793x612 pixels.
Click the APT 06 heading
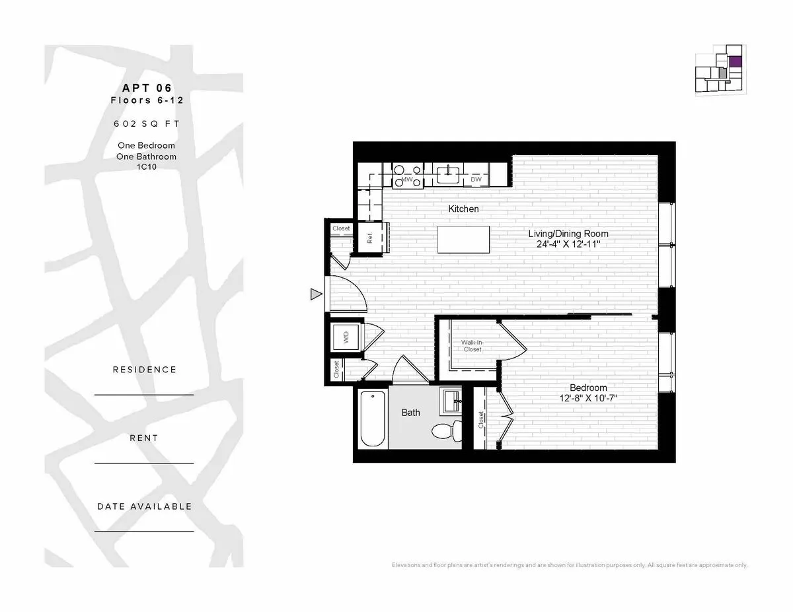coord(147,88)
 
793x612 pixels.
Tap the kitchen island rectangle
coord(463,239)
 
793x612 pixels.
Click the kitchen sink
coord(448,175)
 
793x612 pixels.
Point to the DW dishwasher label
coord(476,180)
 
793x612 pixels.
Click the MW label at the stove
coord(408,180)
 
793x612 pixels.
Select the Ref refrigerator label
coord(370,238)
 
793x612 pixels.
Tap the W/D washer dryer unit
coord(346,339)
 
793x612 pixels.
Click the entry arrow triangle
coord(316,294)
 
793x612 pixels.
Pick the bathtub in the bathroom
coord(373,419)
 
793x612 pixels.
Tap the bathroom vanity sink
coord(451,400)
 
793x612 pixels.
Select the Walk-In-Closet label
coord(472,345)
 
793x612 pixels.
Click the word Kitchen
coord(463,209)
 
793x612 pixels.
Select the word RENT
coord(144,438)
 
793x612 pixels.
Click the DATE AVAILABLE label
coord(144,506)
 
